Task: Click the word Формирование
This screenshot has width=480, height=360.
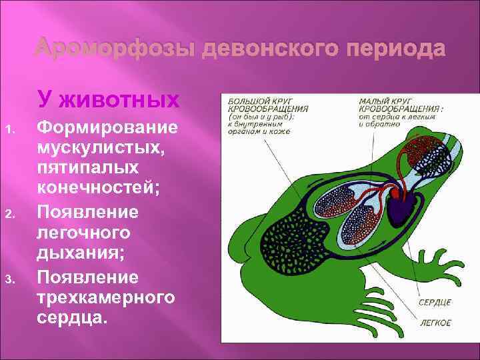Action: point(107,127)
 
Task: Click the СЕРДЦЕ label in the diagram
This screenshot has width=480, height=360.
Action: point(435,303)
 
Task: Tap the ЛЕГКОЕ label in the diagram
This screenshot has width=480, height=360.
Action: point(435,323)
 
